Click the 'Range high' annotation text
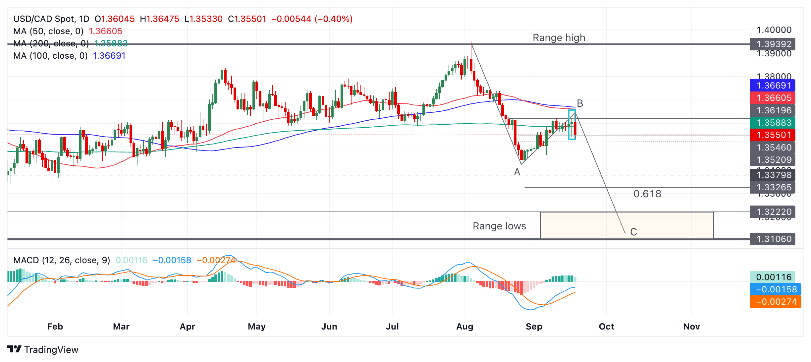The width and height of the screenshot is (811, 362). (x=559, y=38)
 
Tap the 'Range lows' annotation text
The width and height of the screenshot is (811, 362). (x=499, y=226)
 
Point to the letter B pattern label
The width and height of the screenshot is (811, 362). (x=580, y=103)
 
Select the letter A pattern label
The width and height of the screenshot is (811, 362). (x=517, y=172)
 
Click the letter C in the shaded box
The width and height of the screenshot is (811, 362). (x=633, y=232)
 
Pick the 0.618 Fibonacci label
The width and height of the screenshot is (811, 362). (x=647, y=194)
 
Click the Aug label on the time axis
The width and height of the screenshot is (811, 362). (x=464, y=327)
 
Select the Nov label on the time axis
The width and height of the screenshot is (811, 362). (x=691, y=327)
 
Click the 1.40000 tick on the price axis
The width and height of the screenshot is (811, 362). (x=774, y=30)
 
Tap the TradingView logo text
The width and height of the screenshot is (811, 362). (x=51, y=350)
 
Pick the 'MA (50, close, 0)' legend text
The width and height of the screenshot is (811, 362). (x=48, y=31)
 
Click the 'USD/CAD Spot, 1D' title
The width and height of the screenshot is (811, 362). (x=51, y=19)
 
